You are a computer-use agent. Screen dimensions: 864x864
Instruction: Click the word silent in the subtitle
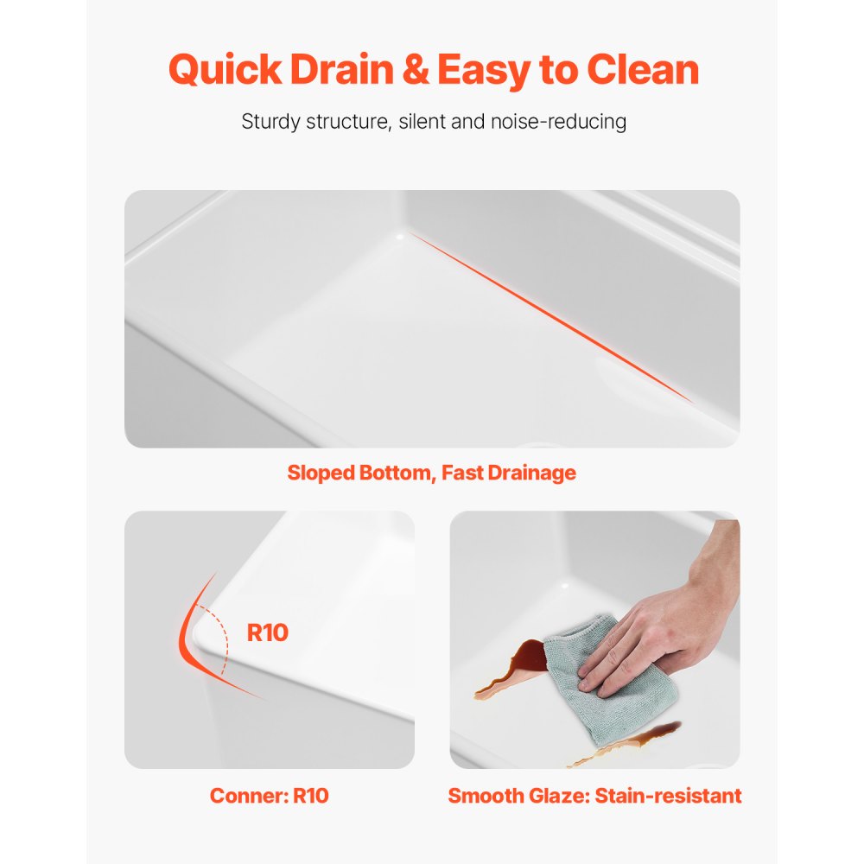pos(422,122)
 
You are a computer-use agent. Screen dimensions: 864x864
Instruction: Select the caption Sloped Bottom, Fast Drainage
pos(431,473)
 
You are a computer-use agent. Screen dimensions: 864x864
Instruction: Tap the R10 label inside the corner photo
pos(267,632)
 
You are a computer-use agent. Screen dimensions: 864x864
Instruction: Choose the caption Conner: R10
pos(269,796)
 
